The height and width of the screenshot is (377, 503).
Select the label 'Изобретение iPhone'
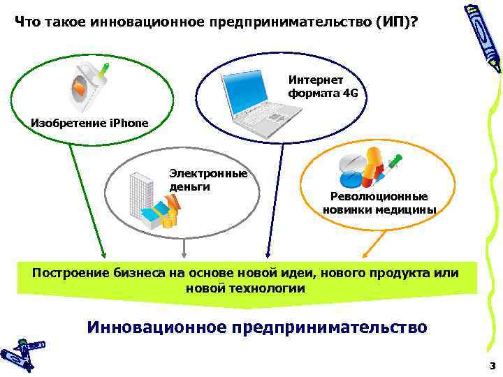(89, 124)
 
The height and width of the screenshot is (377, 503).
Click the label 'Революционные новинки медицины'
(379, 203)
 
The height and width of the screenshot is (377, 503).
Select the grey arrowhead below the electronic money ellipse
(184, 255)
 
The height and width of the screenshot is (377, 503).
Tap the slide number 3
(492, 365)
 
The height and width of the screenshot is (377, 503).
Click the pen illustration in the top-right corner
(483, 35)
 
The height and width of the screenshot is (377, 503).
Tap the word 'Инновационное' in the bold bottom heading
(157, 327)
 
